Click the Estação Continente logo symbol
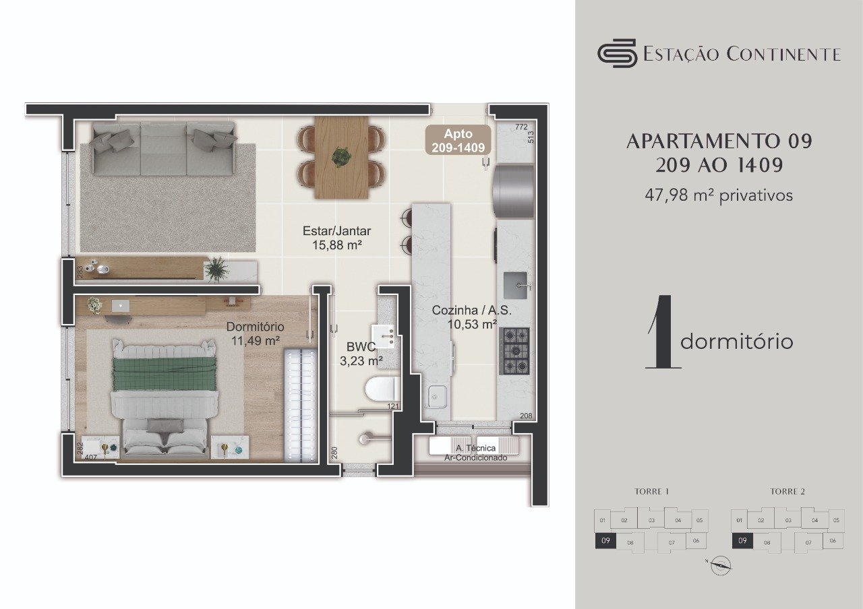pyautogui.click(x=617, y=53)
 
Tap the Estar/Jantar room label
pyautogui.click(x=336, y=238)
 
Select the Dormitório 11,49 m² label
pyautogui.click(x=255, y=333)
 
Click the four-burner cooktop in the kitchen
pyautogui.click(x=514, y=350)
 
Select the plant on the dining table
pyautogui.click(x=342, y=157)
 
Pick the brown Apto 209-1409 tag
pyautogui.click(x=458, y=140)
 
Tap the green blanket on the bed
pyautogui.click(x=165, y=373)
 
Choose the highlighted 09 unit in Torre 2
pyautogui.click(x=742, y=541)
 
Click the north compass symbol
pyautogui.click(x=721, y=565)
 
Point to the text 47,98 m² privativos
pyautogui.click(x=719, y=196)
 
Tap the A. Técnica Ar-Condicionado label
pyautogui.click(x=475, y=452)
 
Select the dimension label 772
pyautogui.click(x=520, y=126)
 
